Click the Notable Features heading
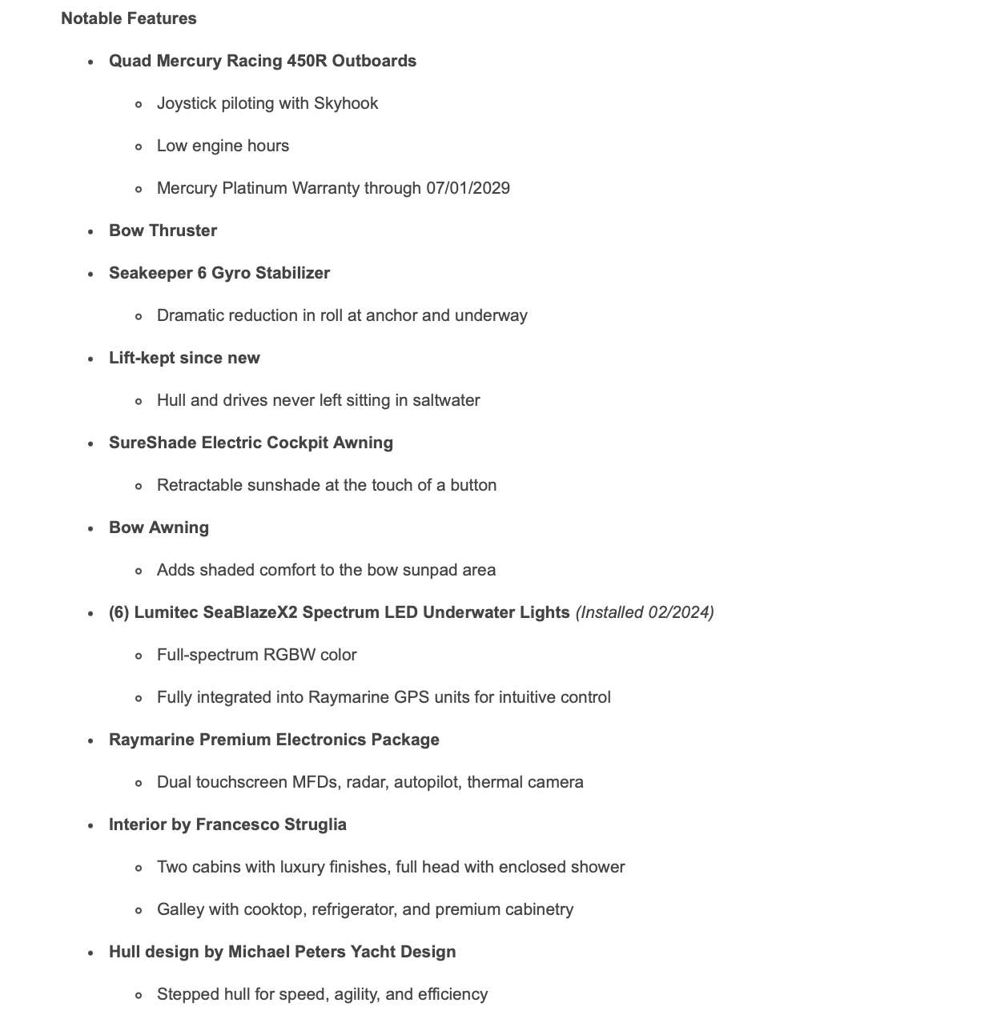pyautogui.click(x=129, y=18)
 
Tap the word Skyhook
pyautogui.click(x=346, y=103)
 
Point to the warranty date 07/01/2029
pyautogui.click(x=468, y=188)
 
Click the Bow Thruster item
pyautogui.click(x=163, y=231)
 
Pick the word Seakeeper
pyautogui.click(x=151, y=273)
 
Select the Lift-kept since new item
pyautogui.click(x=184, y=358)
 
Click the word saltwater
pyautogui.click(x=446, y=400)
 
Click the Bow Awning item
pyautogui.click(x=159, y=528)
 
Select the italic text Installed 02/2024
pyautogui.click(x=645, y=612)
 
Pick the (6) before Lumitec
pyautogui.click(x=119, y=612)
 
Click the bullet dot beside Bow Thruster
pyautogui.click(x=91, y=231)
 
